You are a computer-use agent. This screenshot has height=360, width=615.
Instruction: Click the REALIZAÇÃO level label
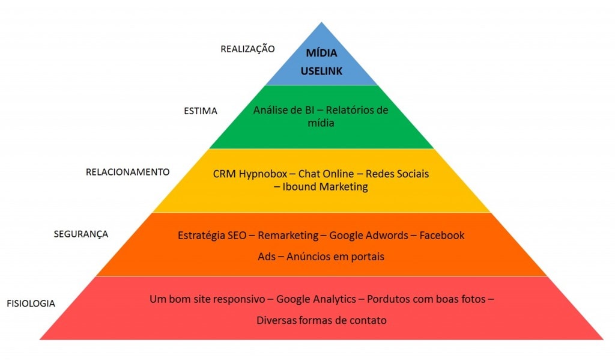click(x=247, y=49)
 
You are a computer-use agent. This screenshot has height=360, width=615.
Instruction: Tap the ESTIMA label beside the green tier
click(x=201, y=111)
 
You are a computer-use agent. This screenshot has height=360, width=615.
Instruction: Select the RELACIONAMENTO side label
click(x=127, y=172)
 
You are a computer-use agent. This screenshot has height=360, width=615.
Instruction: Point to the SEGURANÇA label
click(x=81, y=234)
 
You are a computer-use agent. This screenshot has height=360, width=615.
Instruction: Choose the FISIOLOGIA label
click(x=31, y=304)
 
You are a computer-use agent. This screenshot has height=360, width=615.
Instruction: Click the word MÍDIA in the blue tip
click(x=322, y=53)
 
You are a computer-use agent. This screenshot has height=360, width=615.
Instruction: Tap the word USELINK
click(x=322, y=71)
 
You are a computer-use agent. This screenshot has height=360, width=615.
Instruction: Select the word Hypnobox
click(x=263, y=174)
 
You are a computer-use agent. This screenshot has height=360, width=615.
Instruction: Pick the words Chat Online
click(x=326, y=174)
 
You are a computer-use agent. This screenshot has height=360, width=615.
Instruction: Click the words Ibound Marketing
click(x=325, y=187)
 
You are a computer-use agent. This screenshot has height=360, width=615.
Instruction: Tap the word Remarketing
click(x=288, y=235)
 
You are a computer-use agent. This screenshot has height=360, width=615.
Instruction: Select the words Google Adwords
click(x=369, y=235)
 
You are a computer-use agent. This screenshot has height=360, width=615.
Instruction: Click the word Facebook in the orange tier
click(x=441, y=235)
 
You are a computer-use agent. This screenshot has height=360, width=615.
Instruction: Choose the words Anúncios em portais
click(x=335, y=257)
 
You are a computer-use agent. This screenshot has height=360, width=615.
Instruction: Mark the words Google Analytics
click(x=316, y=299)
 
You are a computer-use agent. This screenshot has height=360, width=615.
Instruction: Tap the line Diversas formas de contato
click(x=322, y=320)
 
